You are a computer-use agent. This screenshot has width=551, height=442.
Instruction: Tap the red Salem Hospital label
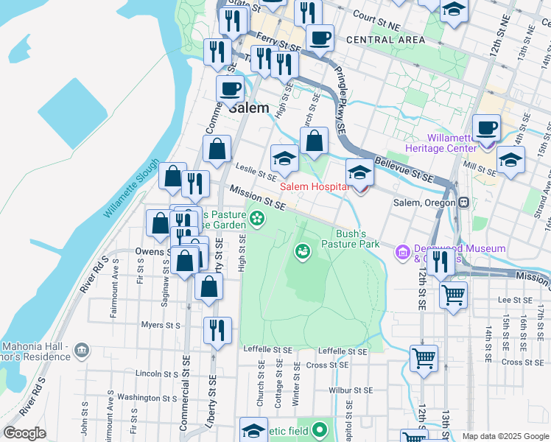click(314, 187)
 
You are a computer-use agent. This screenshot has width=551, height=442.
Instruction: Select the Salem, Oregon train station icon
click(463, 203)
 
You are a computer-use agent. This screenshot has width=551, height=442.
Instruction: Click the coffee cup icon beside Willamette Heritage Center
click(486, 127)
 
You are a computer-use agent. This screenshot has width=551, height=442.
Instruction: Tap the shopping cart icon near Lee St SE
click(454, 295)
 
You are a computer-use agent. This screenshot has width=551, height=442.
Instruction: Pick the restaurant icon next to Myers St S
click(216, 330)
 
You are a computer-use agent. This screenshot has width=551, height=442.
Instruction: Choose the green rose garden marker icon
click(256, 217)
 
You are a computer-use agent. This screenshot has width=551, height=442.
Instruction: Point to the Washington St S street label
click(148, 397)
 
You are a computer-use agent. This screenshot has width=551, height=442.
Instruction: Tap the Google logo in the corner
click(24, 432)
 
